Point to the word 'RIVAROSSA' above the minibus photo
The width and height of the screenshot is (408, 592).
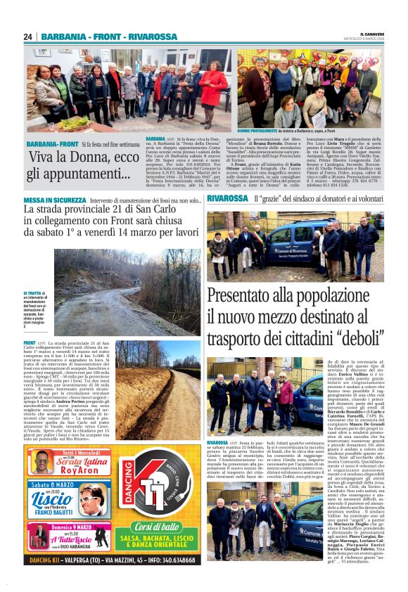click(227, 199)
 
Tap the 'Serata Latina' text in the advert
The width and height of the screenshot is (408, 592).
click(77, 463)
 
